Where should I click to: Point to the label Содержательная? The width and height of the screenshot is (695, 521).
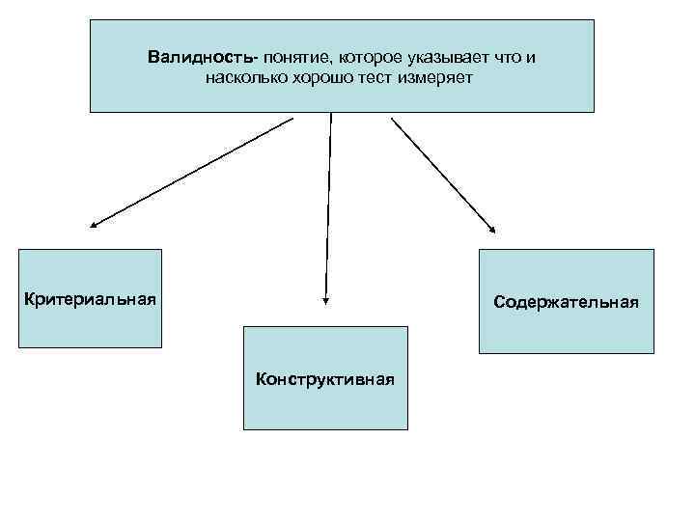[566, 302]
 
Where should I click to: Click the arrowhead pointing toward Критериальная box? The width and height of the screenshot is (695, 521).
[93, 226]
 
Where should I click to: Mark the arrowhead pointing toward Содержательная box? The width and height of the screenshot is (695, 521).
[493, 231]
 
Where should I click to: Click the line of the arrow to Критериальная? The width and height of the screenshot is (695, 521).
[193, 172]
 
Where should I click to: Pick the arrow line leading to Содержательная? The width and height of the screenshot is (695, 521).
[442, 174]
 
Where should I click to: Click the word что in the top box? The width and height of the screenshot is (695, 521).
[504, 58]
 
